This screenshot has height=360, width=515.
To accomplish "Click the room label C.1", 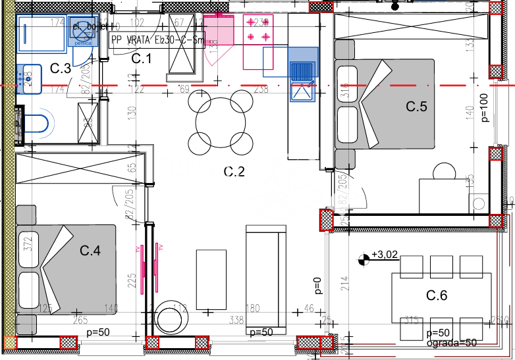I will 142,59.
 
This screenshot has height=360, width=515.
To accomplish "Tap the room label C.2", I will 234,172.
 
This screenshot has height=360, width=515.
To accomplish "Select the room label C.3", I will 61,68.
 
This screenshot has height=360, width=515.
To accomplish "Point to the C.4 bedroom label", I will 90,250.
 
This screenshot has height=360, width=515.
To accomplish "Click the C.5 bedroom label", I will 416,106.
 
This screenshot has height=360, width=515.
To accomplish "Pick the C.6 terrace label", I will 436,296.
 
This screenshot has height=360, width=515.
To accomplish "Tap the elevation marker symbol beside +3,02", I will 363,259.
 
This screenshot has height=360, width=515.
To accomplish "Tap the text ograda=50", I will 451,342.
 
